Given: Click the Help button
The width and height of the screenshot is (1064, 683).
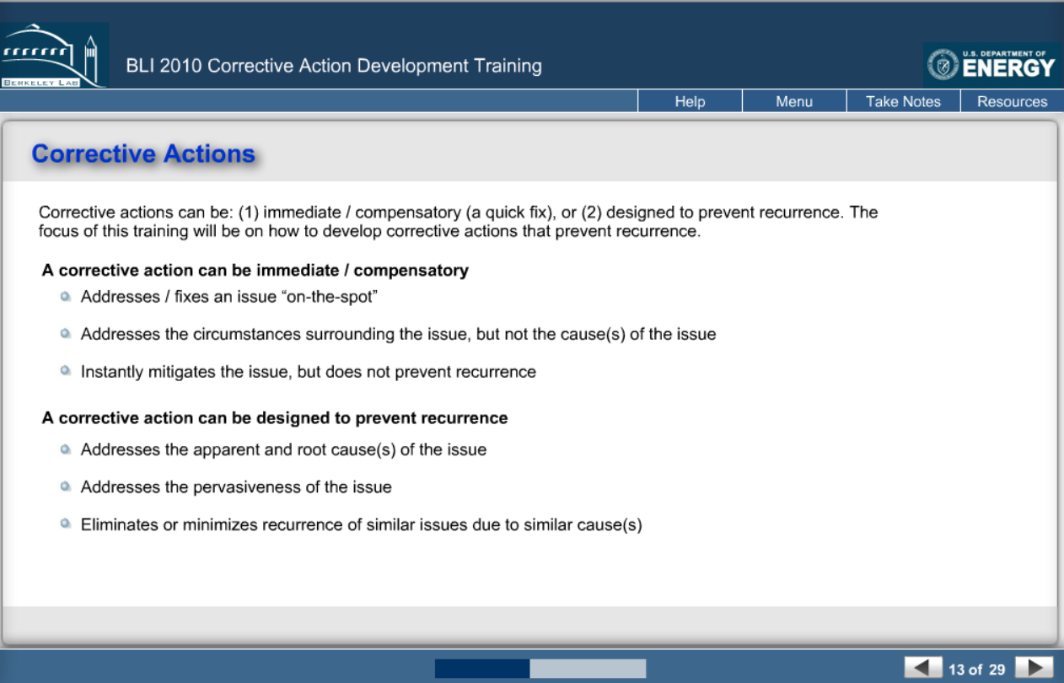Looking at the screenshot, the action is point(690,101).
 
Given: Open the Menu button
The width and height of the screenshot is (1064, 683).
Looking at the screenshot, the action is point(794,101).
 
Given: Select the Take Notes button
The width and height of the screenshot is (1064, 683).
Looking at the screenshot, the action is point(903,101).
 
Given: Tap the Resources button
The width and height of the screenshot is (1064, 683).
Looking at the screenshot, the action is point(1013,101).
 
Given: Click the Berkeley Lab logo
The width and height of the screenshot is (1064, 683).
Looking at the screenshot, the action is point(54,55).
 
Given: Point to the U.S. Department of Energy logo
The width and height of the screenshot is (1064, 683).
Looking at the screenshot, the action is point(991,65).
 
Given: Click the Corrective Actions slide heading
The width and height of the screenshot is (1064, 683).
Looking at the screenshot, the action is point(143,153).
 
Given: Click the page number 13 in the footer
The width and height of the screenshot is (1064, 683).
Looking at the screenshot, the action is point(956,670).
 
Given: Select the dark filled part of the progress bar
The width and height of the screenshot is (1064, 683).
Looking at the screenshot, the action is point(482,669).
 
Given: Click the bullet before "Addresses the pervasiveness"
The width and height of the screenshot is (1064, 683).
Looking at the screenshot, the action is point(66,487).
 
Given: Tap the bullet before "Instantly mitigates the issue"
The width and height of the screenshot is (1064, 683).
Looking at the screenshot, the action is point(66,370).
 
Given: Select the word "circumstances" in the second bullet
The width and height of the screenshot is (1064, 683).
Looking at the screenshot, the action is point(246,334).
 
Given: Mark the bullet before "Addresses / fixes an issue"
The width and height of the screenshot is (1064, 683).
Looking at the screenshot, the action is point(66,296).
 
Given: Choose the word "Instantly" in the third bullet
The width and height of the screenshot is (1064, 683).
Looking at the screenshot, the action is point(111,372).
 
